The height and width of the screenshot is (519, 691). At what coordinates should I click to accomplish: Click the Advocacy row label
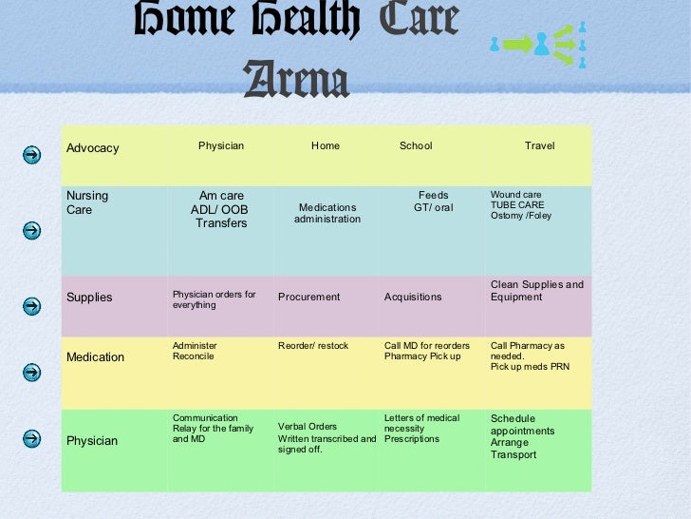[x=93, y=148]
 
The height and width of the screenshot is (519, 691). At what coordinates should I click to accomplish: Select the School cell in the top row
[x=416, y=145]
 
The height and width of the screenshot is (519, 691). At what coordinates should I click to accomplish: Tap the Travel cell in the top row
[x=539, y=145]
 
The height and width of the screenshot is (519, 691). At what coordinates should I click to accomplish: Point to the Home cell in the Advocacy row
[x=326, y=145]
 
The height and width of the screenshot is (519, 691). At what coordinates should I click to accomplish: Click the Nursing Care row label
[x=87, y=202]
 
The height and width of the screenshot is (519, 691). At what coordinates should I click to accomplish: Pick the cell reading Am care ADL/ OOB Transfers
[x=221, y=209]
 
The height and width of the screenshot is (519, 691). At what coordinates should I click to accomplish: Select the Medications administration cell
[x=327, y=213]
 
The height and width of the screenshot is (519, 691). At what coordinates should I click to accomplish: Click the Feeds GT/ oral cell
[x=433, y=202]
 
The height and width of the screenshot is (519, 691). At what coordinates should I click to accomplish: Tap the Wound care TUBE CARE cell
[x=521, y=204]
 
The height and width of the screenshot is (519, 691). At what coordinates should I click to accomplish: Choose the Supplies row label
[x=89, y=298]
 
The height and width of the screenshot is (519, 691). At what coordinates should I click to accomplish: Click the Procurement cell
[x=308, y=298]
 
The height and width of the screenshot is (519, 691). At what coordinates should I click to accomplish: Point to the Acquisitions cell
[x=413, y=298]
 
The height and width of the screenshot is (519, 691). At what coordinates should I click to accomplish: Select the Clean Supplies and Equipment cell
[x=537, y=291]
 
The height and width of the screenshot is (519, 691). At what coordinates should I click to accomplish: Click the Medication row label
[x=95, y=357]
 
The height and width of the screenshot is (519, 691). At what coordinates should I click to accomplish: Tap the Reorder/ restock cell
[x=313, y=346]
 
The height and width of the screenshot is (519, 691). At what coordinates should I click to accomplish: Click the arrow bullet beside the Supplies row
[x=31, y=305]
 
